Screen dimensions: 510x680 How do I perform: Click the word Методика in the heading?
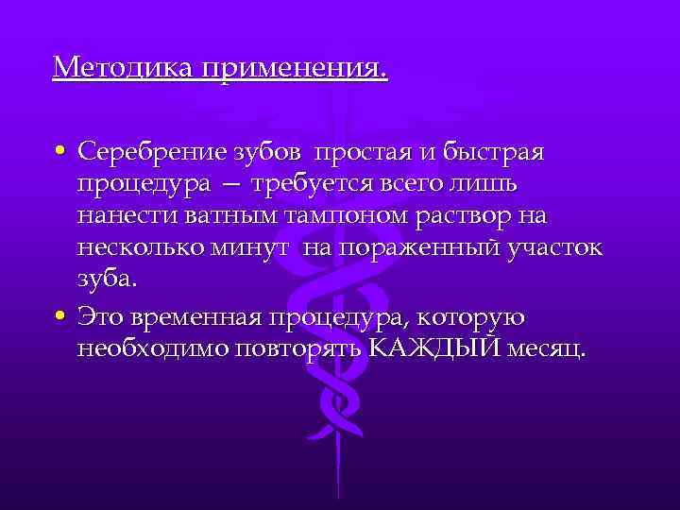pos(110,68)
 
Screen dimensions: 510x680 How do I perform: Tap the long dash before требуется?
pos(232,185)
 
